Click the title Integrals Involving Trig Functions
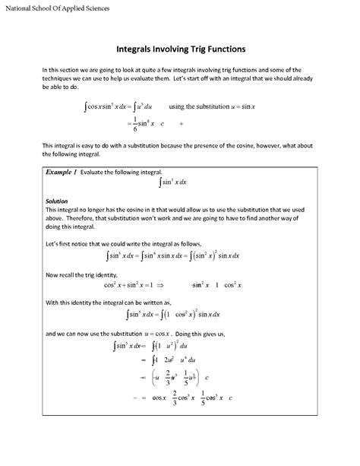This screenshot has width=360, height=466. [180, 49]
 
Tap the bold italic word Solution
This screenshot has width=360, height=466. [58, 201]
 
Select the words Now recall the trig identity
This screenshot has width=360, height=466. [85, 274]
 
